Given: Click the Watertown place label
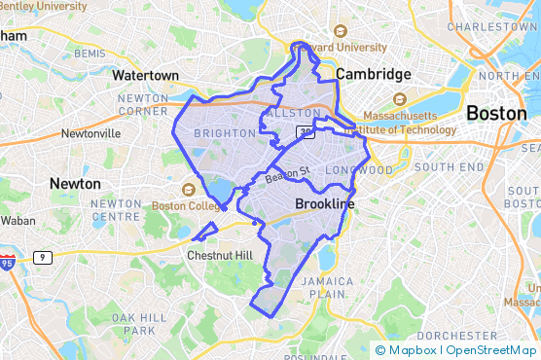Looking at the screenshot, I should (x=145, y=75).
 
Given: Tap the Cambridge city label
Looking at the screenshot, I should (x=373, y=74).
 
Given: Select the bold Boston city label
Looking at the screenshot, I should (x=496, y=113).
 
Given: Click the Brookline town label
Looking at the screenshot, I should (x=324, y=204).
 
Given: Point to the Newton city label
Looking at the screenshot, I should (x=75, y=183).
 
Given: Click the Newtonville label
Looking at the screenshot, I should (x=90, y=133).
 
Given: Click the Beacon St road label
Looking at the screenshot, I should (x=287, y=174).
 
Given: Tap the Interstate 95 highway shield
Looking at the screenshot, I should (x=8, y=263).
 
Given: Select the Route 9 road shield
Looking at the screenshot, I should (x=42, y=257).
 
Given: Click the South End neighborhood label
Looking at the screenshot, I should (x=448, y=167).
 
